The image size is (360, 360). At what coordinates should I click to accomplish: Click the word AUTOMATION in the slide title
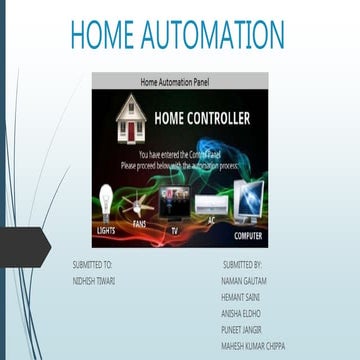[214, 35]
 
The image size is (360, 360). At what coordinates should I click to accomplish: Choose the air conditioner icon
[210, 205]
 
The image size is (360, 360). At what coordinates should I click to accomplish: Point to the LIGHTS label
[107, 230]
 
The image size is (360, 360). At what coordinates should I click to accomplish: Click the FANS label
[140, 224]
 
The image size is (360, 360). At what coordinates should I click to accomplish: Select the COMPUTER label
[248, 236]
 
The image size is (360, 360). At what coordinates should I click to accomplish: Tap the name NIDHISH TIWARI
[94, 281]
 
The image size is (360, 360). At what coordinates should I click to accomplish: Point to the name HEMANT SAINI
[239, 297]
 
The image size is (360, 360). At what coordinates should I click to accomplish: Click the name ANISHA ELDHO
[240, 313]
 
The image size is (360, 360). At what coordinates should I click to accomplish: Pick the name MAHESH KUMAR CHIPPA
[252, 344]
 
